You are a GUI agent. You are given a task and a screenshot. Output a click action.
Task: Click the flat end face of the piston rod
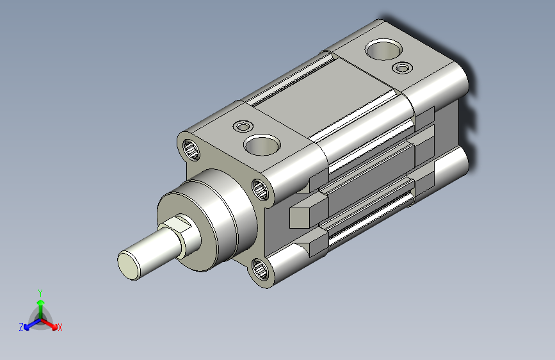(129, 265)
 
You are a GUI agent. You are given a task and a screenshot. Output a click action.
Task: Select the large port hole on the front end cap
(262, 145)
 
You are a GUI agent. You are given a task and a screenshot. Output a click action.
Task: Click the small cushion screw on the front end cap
(243, 126)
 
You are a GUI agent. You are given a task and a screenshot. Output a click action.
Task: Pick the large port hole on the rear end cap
(383, 49)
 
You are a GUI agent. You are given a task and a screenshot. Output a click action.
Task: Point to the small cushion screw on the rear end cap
(403, 67)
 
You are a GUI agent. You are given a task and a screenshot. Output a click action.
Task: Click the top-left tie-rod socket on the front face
(191, 150)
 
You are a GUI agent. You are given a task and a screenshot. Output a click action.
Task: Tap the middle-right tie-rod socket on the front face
(261, 189)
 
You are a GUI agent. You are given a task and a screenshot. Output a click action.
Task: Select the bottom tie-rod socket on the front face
(261, 268)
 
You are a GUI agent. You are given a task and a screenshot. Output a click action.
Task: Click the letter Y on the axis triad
(40, 293)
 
